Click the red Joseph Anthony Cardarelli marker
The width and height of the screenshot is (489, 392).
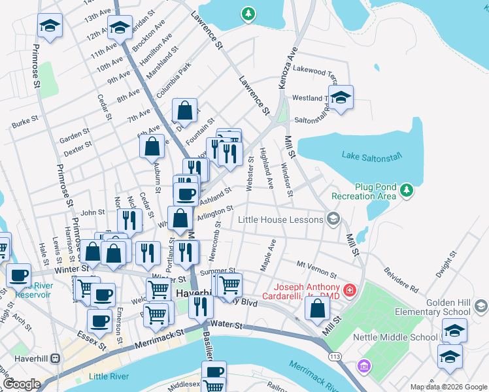coord(350,289)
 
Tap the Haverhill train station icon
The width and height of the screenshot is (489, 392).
coord(55,358)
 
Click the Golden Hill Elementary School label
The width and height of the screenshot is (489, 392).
coord(451,308)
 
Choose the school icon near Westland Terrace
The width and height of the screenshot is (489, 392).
coord(340,98)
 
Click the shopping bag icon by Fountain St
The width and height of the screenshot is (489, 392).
coord(185,111)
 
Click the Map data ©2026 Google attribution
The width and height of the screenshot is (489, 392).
coord(448,387)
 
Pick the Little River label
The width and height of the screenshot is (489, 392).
coord(109,376)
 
